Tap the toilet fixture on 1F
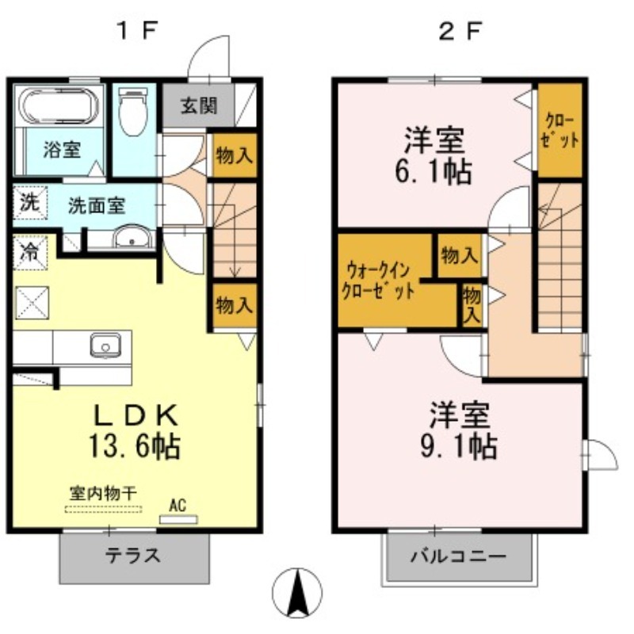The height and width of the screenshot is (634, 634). [132, 112]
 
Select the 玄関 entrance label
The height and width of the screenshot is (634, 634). [199, 106]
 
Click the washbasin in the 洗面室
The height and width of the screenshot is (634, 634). [132, 236]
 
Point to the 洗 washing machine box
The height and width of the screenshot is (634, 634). [30, 203]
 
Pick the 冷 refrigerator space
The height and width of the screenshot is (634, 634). [30, 253]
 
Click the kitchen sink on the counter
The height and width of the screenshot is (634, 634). [105, 345]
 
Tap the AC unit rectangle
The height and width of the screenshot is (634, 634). [178, 519]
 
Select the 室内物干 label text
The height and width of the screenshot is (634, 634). [103, 493]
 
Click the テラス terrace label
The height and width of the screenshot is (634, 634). [133, 556]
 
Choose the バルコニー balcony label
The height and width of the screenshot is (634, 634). [459, 556]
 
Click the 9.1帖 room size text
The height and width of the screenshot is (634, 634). [459, 446]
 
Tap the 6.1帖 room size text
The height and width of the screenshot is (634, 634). [433, 172]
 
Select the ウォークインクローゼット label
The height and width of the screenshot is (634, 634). [379, 280]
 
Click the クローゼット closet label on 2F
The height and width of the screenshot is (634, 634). [560, 130]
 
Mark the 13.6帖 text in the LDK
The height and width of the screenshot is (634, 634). [134, 446]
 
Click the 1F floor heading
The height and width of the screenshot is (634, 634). [136, 31]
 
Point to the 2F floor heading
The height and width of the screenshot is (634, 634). [460, 31]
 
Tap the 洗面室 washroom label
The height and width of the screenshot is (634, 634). [97, 206]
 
